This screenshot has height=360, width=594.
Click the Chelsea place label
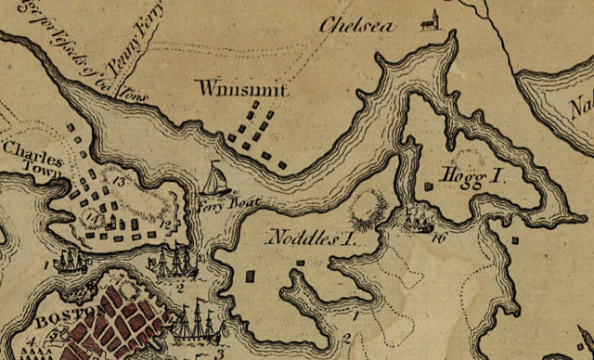[355, 25]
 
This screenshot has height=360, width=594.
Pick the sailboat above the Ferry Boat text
[214, 179]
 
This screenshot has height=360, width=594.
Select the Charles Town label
[31, 158]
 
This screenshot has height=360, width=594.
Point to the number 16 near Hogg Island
[439, 238]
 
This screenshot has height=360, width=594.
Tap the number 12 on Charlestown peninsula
[165, 223]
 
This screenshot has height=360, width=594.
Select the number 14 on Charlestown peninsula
[90, 219]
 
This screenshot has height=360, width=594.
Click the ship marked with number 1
[71, 261]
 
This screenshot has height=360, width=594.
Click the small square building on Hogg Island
[427, 186]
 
